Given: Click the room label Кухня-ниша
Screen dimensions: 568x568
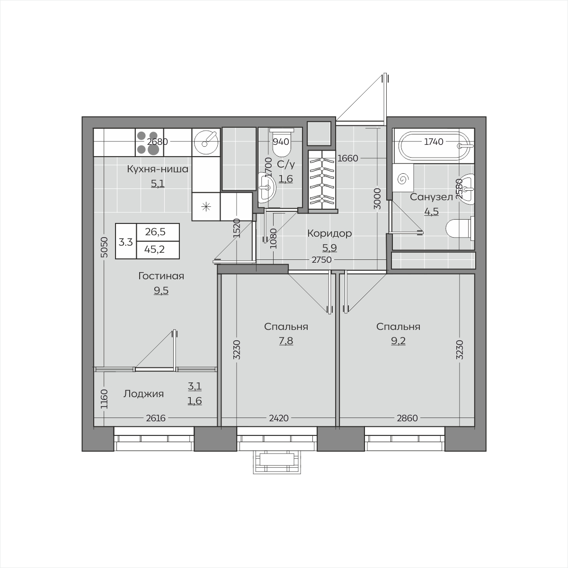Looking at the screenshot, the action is tap(158, 169).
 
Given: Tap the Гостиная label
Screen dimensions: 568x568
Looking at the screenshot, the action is tap(161, 276).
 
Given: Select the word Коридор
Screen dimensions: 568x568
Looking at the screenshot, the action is tap(329, 233).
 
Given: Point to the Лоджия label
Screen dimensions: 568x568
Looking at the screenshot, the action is tap(143, 394).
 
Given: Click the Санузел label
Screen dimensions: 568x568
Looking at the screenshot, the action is tap(431, 197).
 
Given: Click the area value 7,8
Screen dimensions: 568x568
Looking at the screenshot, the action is tap(286, 341).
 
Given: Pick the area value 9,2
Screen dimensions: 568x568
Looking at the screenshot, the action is tap(398, 341).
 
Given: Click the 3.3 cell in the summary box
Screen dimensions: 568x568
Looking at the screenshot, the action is tap(126, 242).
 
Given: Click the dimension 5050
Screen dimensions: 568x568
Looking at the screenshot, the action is tap(104, 248).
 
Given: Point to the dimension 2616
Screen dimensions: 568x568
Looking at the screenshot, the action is tap(156, 418).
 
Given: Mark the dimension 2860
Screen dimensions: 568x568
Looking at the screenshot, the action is tap(407, 418).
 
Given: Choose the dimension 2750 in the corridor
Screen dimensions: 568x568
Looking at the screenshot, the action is tap(321, 260).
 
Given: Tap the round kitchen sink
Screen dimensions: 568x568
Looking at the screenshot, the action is tap(206, 142).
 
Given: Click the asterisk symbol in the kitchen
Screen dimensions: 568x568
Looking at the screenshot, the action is tap(206, 207).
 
